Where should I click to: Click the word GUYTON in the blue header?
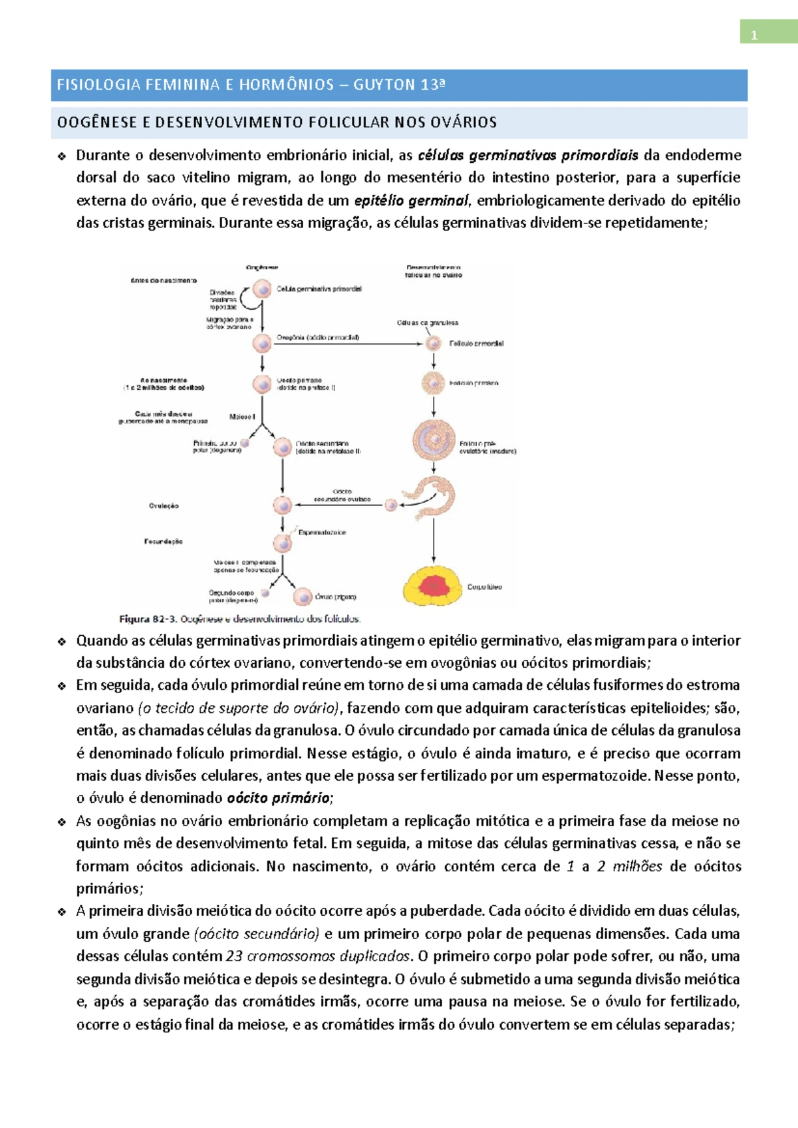pyautogui.click(x=384, y=85)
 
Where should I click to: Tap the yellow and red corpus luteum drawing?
pyautogui.click(x=433, y=585)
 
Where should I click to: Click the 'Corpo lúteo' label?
pyautogui.click(x=484, y=587)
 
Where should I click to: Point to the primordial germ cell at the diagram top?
pyautogui.click(x=263, y=289)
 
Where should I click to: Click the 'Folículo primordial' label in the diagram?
pyautogui.click(x=476, y=344)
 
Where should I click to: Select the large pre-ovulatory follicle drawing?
pyautogui.click(x=434, y=440)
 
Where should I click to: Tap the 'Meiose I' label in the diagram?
pyautogui.click(x=241, y=417)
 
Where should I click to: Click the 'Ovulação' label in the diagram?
pyautogui.click(x=164, y=506)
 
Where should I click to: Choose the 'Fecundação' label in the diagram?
pyautogui.click(x=163, y=541)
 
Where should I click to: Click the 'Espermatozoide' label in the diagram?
pyautogui.click(x=322, y=533)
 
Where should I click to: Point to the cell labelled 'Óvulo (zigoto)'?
pyautogui.click(x=303, y=597)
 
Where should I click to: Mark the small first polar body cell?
pyautogui.click(x=245, y=443)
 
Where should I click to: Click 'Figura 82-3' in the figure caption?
pyautogui.click(x=148, y=619)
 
